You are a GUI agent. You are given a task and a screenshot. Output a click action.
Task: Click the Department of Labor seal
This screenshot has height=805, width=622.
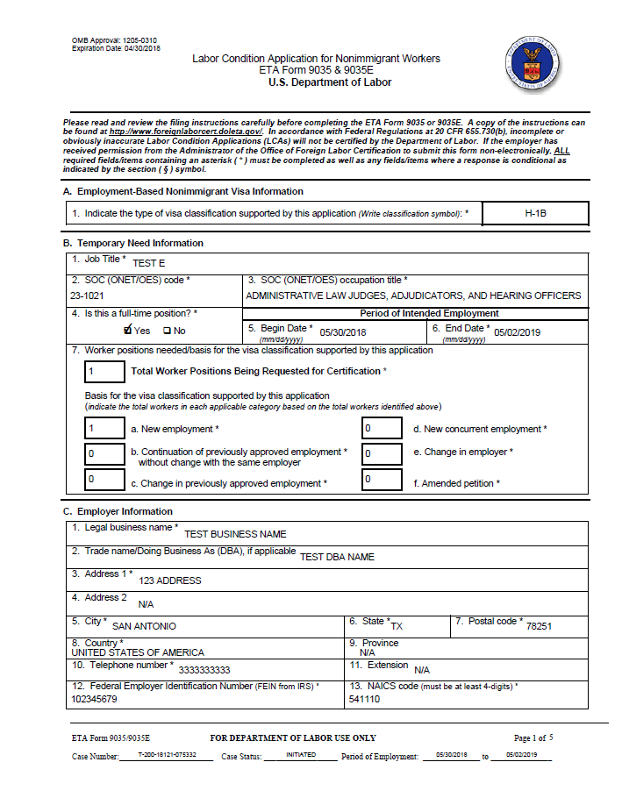tap(533, 64)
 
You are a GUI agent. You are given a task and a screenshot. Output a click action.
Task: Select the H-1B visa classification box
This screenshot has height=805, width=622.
tap(535, 213)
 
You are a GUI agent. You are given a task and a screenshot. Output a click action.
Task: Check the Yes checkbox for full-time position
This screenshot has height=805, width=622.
tap(128, 331)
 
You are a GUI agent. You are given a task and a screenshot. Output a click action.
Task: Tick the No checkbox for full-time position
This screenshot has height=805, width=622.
tap(167, 331)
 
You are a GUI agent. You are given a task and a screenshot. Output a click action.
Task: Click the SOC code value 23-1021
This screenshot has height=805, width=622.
tap(88, 296)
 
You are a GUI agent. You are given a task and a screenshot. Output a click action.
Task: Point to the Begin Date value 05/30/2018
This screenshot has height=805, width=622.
tap(343, 332)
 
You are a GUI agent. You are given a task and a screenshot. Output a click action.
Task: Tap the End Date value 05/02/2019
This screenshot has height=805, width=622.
tap(519, 332)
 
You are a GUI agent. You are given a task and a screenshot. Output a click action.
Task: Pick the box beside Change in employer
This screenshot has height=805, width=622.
tap(382, 452)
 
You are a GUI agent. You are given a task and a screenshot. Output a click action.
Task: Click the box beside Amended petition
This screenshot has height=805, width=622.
tap(382, 481)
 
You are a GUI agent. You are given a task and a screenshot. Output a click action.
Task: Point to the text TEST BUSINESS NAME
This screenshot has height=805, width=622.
tap(234, 534)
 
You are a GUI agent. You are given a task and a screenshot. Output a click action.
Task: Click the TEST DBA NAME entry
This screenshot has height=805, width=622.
tap(337, 557)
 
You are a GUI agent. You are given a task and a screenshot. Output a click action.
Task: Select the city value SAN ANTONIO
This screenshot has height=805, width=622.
tap(144, 626)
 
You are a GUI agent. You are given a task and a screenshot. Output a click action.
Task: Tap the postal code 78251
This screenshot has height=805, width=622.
tap(539, 626)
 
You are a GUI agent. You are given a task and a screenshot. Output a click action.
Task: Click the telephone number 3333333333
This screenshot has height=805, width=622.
tap(204, 670)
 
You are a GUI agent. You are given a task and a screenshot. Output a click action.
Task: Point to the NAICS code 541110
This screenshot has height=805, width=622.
tap(365, 700)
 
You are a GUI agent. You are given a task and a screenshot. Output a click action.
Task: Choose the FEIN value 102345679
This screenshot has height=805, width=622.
tap(94, 700)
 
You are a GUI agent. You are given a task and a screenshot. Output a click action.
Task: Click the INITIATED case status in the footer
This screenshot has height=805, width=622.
tap(301, 755)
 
